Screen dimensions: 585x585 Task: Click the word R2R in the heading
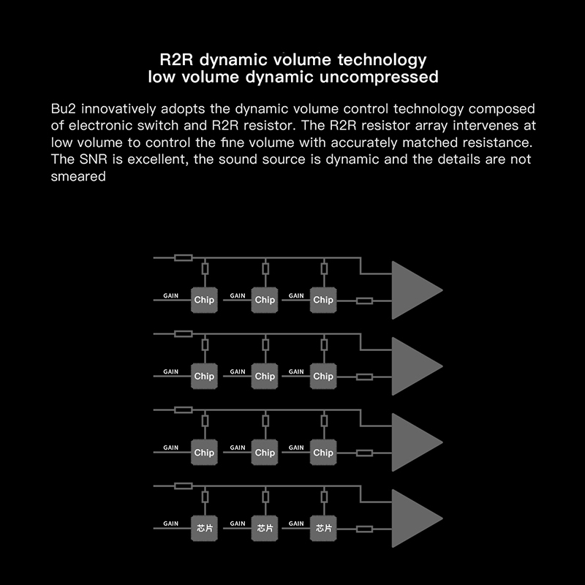(x=176, y=60)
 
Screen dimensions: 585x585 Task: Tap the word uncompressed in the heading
(x=379, y=78)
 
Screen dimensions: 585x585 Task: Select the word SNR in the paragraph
(x=94, y=159)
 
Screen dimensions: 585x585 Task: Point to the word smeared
(x=78, y=176)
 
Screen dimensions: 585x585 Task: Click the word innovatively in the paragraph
(x=118, y=108)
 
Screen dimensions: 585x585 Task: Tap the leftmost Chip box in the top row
(x=204, y=300)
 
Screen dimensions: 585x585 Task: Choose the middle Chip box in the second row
(x=265, y=376)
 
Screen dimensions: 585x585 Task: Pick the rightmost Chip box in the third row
(x=323, y=452)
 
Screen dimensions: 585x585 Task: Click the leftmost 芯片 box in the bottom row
(x=204, y=528)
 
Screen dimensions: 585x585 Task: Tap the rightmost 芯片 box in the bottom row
(x=323, y=528)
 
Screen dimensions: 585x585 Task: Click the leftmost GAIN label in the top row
(x=171, y=296)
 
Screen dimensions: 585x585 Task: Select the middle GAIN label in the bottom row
(x=238, y=524)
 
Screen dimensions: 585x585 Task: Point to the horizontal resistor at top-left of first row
(x=184, y=258)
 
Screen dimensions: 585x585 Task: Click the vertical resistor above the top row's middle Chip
(x=265, y=268)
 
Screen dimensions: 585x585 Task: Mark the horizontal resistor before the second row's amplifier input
(x=364, y=377)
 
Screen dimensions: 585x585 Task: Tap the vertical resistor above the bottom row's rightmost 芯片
(x=324, y=497)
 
